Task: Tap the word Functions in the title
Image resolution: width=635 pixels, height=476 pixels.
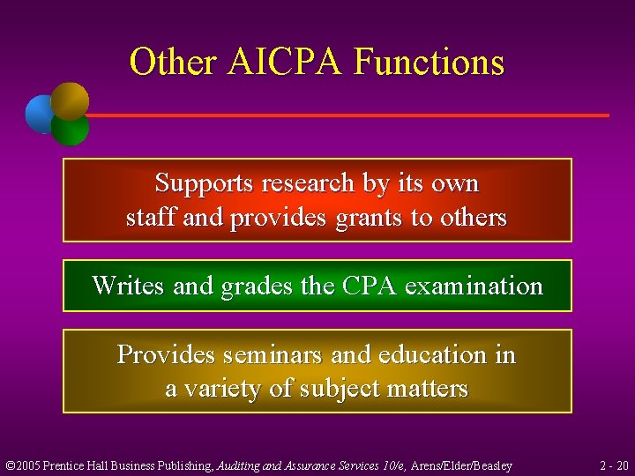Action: (430, 63)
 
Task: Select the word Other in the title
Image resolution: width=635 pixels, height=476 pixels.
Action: (173, 63)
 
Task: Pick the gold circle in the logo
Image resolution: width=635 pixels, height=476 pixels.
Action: (71, 100)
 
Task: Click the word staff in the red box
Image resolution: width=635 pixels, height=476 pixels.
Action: (151, 218)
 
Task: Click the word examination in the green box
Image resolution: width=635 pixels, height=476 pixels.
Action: (476, 286)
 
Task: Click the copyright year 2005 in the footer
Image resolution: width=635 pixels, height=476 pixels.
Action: (30, 465)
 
